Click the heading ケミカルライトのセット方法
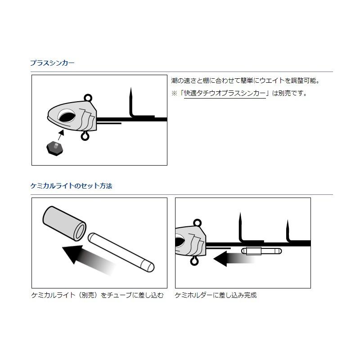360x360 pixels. (x=71, y=186)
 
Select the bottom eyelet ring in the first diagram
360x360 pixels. (x=85, y=136)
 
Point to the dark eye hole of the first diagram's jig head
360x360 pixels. (x=67, y=117)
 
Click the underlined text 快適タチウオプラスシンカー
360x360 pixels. (x=225, y=94)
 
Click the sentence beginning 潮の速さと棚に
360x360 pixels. (x=245, y=81)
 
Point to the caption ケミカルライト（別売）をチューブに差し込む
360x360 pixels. (x=97, y=296)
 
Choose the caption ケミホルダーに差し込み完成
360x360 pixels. (x=216, y=296)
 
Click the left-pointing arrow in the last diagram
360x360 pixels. (x=227, y=258)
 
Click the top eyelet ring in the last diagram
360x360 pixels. (x=196, y=222)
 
